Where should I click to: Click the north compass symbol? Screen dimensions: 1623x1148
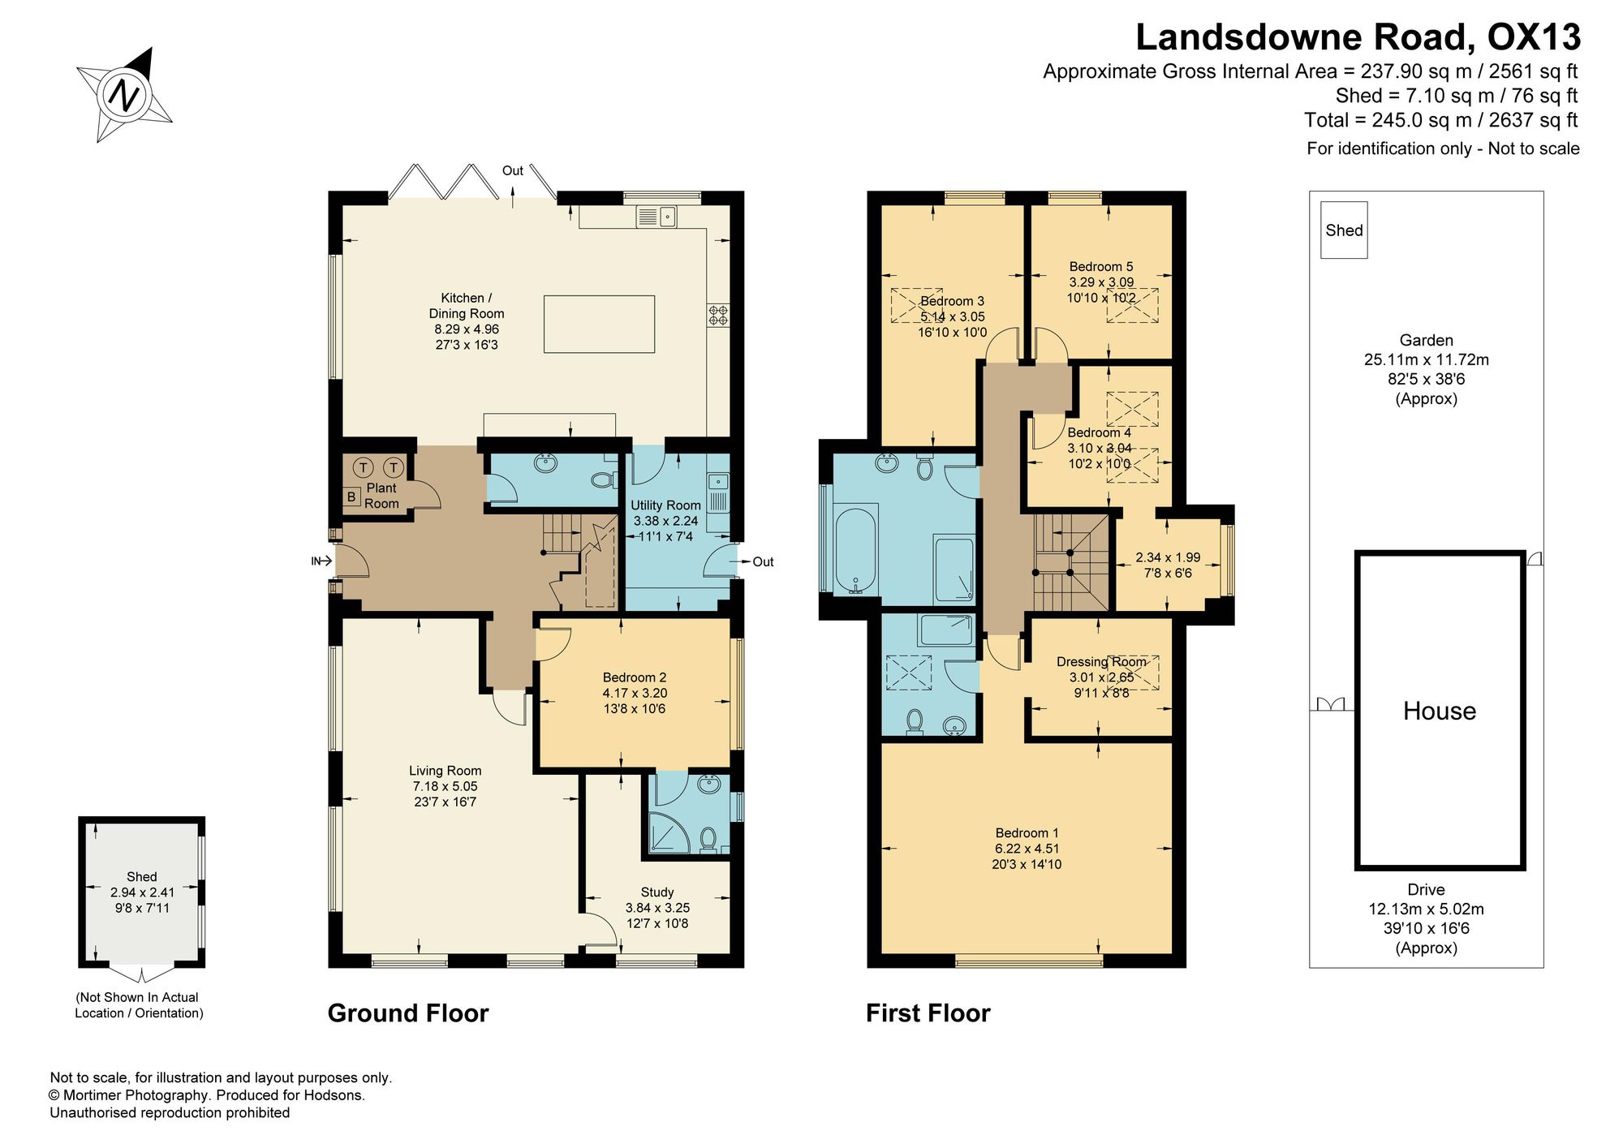coord(125,95)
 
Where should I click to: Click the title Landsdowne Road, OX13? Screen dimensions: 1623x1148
coord(1358,37)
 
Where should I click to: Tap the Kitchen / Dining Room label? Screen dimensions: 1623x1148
coord(467,306)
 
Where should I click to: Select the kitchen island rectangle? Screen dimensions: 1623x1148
coord(599,324)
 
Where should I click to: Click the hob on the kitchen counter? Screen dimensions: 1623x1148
coord(718,315)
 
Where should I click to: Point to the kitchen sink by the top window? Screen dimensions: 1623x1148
coord(657,217)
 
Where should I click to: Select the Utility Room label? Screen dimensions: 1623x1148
coord(665,505)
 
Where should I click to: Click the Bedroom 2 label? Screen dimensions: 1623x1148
coord(635,677)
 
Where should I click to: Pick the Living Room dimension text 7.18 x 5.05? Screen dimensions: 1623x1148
coord(445,786)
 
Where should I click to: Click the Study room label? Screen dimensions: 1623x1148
coord(657,892)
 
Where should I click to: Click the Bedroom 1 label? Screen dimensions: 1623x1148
coord(1027,833)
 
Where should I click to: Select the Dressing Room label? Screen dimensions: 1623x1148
coord(1101,662)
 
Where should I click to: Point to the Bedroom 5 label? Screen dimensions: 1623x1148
coord(1101,267)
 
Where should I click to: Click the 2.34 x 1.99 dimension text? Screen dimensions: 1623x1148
coord(1168,557)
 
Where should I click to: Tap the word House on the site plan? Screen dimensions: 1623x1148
coord(1439,712)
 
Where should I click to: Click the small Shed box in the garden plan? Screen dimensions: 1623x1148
coord(1344,230)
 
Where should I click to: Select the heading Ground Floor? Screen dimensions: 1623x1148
coord(408,1013)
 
